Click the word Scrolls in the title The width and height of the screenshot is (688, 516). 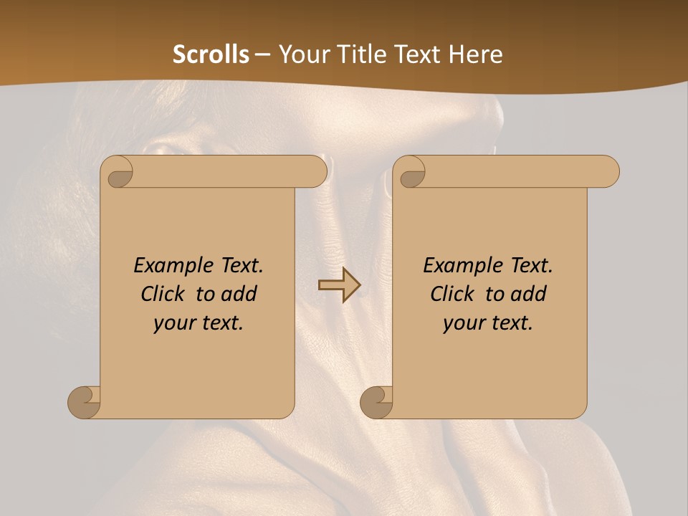pos(211,54)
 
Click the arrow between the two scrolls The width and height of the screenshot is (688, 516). pos(339,285)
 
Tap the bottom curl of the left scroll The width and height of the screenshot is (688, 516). pos(85,402)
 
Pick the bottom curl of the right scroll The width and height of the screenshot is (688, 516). pos(377,402)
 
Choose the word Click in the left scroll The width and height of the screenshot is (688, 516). pos(164,294)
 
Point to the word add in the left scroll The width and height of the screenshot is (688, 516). pos(239,294)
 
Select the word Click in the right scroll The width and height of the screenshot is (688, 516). pos(453,294)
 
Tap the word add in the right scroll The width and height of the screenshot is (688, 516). pos(529,294)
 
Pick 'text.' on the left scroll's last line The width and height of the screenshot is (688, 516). pos(221,323)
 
